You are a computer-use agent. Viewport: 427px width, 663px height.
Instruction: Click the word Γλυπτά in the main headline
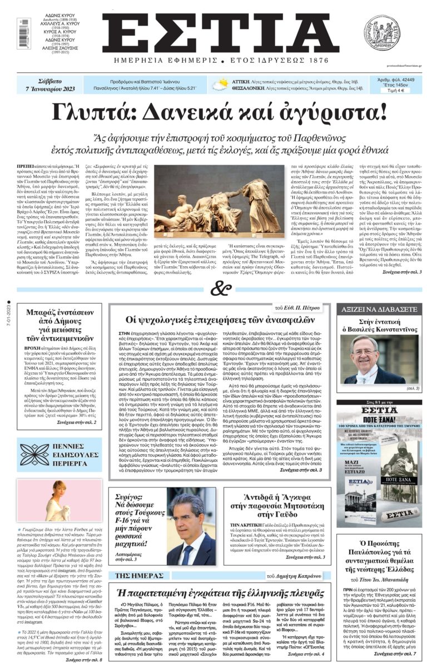[x=112, y=112]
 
